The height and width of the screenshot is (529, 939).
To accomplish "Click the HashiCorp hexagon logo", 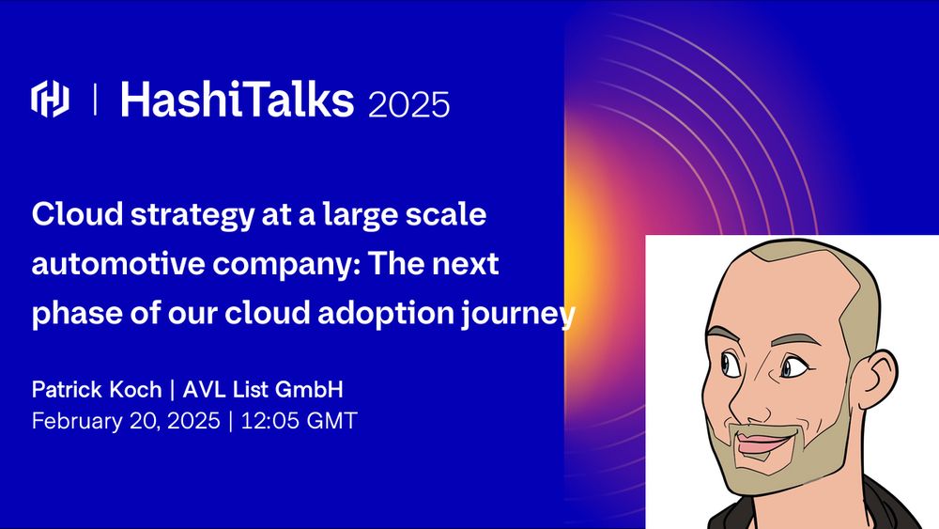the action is (50, 99).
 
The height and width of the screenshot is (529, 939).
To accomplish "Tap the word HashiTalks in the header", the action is (238, 99).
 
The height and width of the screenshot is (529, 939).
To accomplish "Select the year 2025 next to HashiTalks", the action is (409, 105).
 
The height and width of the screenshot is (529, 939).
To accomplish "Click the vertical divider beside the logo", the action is (95, 99).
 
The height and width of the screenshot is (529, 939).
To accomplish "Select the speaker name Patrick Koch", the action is (97, 390).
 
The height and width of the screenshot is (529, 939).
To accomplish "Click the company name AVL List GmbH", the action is (263, 390).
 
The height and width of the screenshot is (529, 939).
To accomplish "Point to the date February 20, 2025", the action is (126, 421).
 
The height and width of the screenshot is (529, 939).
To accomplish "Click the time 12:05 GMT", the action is (299, 421).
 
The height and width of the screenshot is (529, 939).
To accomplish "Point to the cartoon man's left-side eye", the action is (730, 364).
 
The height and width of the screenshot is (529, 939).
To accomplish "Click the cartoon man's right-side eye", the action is (794, 366).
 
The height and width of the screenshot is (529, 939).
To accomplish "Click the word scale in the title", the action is (446, 214).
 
